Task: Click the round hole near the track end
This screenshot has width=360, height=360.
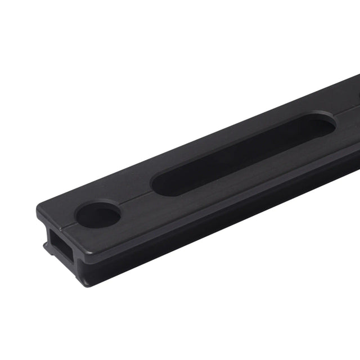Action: coord(98,214)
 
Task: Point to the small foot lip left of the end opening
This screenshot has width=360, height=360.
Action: coord(44,245)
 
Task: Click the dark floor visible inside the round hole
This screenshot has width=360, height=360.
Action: coord(102,217)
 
